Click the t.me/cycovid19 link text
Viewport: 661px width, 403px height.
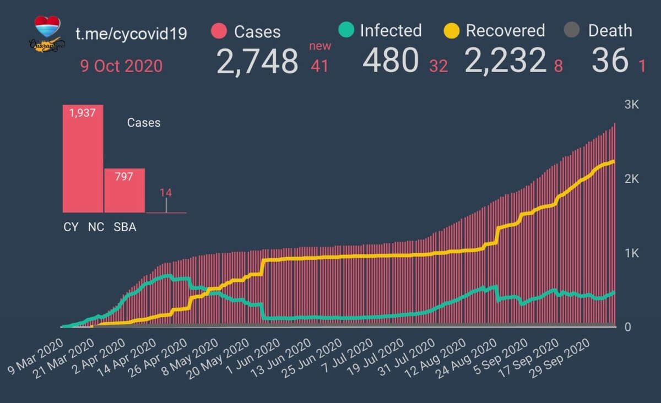click(131, 34)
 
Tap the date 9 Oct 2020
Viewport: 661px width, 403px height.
click(121, 66)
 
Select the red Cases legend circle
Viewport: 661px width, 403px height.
click(219, 31)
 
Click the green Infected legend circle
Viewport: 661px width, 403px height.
click(345, 30)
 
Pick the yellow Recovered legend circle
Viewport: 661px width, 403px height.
click(452, 31)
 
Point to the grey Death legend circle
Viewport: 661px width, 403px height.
click(572, 31)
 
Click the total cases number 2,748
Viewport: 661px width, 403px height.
click(257, 61)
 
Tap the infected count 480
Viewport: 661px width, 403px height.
click(391, 61)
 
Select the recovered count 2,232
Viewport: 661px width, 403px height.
click(506, 61)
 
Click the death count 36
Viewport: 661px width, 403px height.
click(610, 61)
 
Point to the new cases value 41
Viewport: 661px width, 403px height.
click(319, 66)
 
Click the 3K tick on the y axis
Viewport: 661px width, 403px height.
click(631, 105)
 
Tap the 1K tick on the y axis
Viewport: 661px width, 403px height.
click(631, 254)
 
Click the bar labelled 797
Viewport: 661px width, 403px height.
click(124, 190)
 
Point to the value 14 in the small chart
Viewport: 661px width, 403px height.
click(166, 193)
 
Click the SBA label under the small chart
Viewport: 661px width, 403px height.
click(124, 227)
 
